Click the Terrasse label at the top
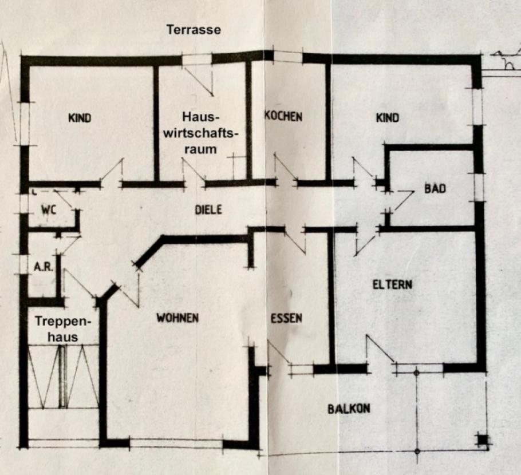pos(193,30)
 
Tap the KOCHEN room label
pos(283,116)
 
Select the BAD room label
pos(435,188)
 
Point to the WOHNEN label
pos(177,318)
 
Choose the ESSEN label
pos(286,318)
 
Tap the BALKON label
pos(349,409)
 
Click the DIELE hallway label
pos(208,210)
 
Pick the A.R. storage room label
pos(44,267)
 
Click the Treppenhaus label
pos(57,329)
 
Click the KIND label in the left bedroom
pos(80,118)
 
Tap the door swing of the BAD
pos(401,203)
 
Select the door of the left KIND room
pos(112,173)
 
